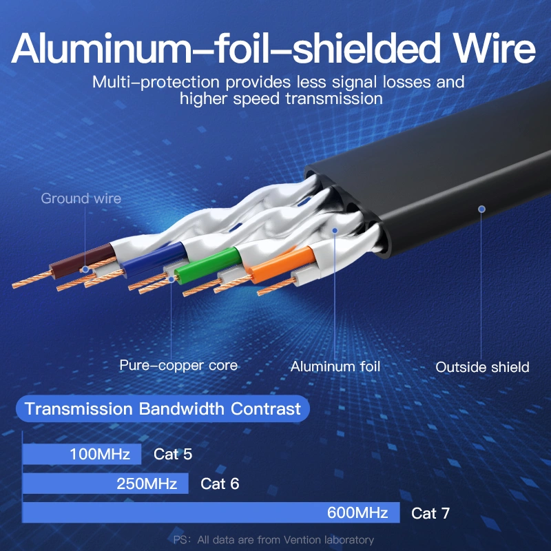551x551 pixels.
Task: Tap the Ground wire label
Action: click(81, 199)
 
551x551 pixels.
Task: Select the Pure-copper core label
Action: click(178, 365)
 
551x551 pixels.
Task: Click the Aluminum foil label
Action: click(335, 366)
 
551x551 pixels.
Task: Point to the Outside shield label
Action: click(482, 367)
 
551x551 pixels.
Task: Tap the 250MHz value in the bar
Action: click(147, 484)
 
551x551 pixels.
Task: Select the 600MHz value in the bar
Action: click(359, 513)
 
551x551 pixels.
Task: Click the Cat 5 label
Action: click(173, 455)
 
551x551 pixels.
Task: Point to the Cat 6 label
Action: click(220, 484)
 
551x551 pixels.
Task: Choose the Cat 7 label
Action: click(430, 513)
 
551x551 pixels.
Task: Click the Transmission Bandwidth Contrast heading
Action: click(163, 409)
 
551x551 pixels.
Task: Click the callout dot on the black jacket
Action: click(482, 209)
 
